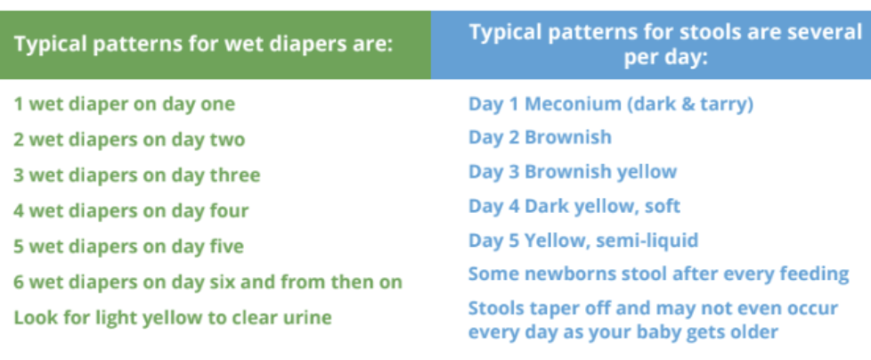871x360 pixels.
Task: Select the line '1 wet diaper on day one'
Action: (124, 104)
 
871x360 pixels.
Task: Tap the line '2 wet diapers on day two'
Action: (129, 140)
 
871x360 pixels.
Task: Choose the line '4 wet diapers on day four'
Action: (131, 211)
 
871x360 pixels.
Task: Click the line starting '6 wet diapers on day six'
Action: (208, 282)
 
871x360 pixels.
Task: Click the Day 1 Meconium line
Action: (611, 104)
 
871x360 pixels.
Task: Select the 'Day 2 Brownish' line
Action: (541, 138)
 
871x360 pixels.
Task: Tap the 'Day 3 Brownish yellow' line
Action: (573, 172)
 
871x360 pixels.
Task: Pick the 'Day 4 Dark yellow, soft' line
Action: (574, 207)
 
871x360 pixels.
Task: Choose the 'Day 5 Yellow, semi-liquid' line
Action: (583, 241)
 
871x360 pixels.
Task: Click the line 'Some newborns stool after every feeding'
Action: (658, 274)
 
